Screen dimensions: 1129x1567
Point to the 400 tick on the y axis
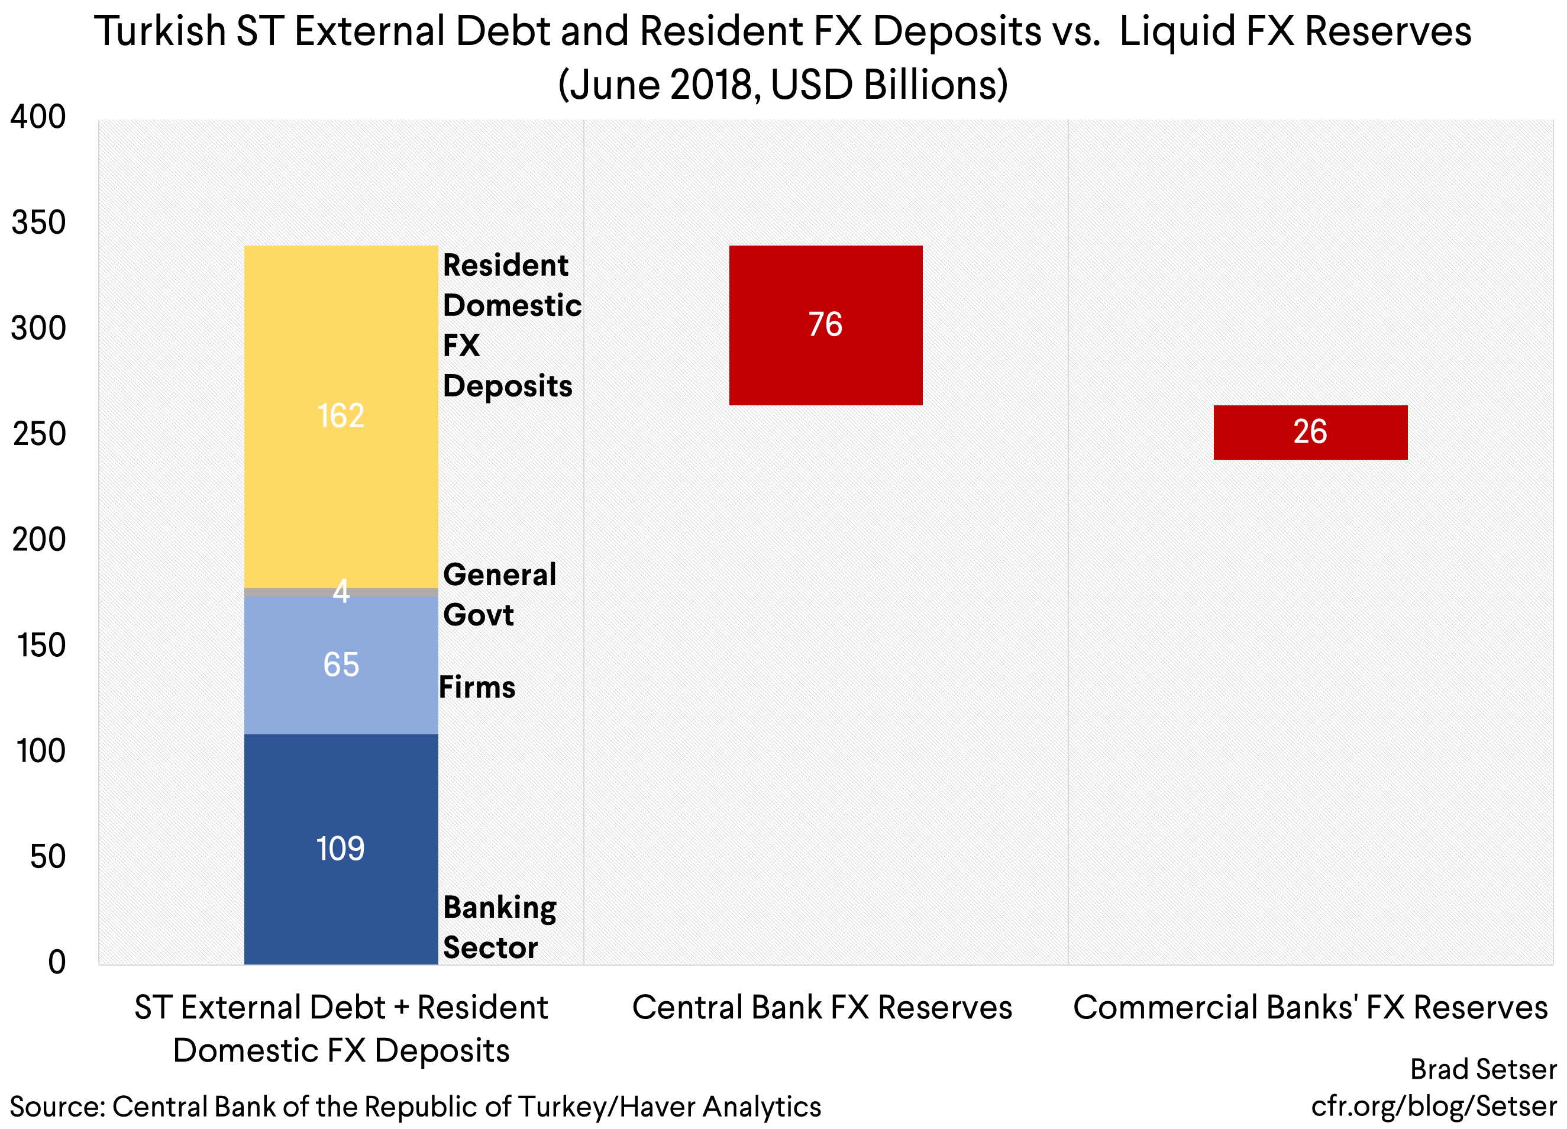coord(38,117)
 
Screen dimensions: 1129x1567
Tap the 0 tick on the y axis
coord(57,962)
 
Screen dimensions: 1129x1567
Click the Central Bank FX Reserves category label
coord(822,1007)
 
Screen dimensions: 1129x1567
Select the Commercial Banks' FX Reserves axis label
coord(1310,1007)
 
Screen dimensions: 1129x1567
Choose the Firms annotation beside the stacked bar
coord(477,688)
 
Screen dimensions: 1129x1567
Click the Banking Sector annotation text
coord(499,927)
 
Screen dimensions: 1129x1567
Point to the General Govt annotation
coord(499,594)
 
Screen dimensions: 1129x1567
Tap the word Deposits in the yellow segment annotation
coord(507,386)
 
